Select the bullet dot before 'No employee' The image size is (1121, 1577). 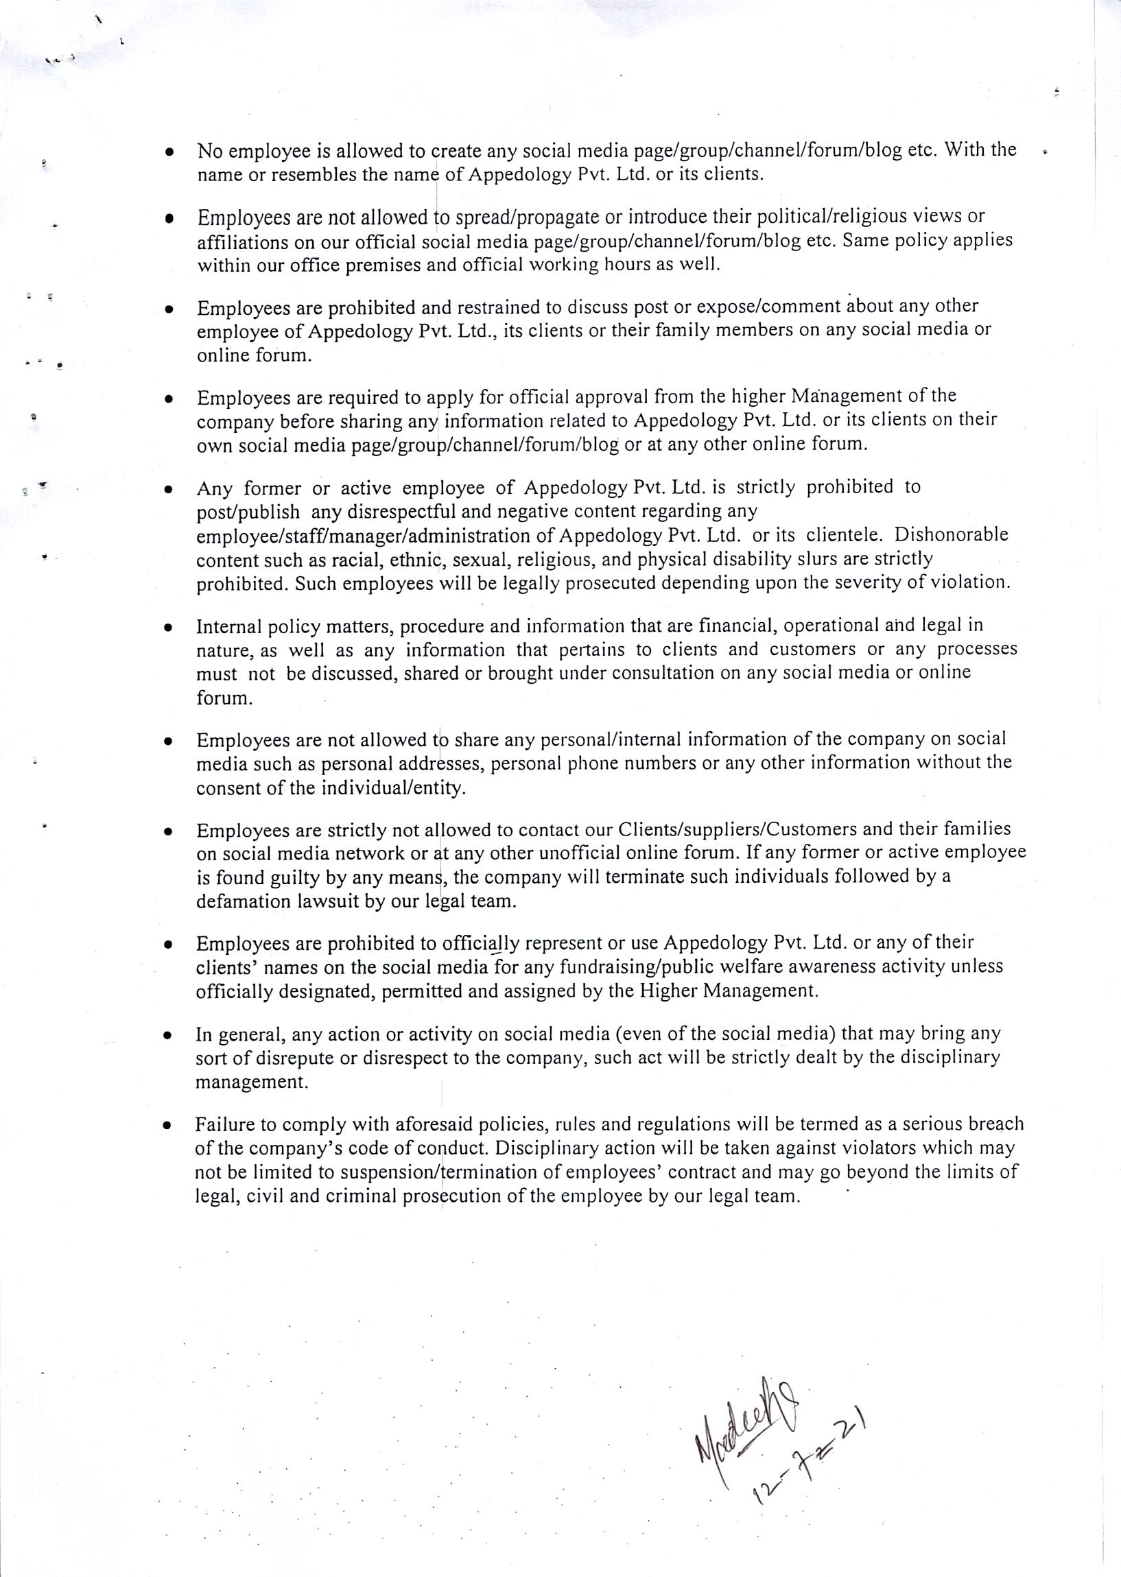pos(169,151)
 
